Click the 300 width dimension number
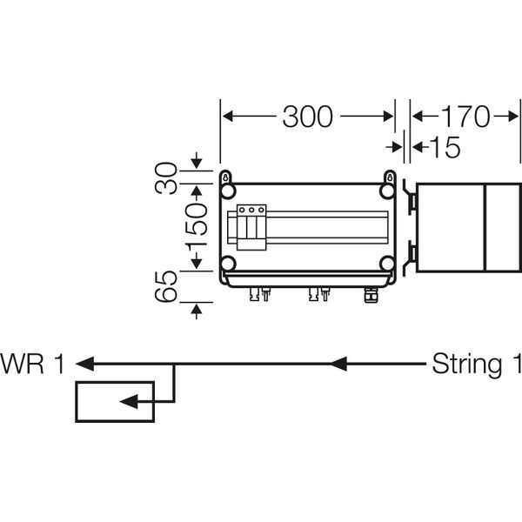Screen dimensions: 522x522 coord(307,117)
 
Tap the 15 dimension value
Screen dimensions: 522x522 coord(444,148)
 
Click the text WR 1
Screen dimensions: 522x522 coord(32,364)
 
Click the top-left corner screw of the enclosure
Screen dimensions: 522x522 coord(228,191)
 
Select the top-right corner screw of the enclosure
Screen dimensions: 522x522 coord(387,191)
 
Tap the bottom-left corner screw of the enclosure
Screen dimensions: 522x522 coord(228,264)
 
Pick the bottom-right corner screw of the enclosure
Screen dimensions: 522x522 coord(387,264)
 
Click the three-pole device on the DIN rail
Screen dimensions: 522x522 coord(251,227)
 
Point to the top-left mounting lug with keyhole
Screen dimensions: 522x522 coord(225,176)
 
